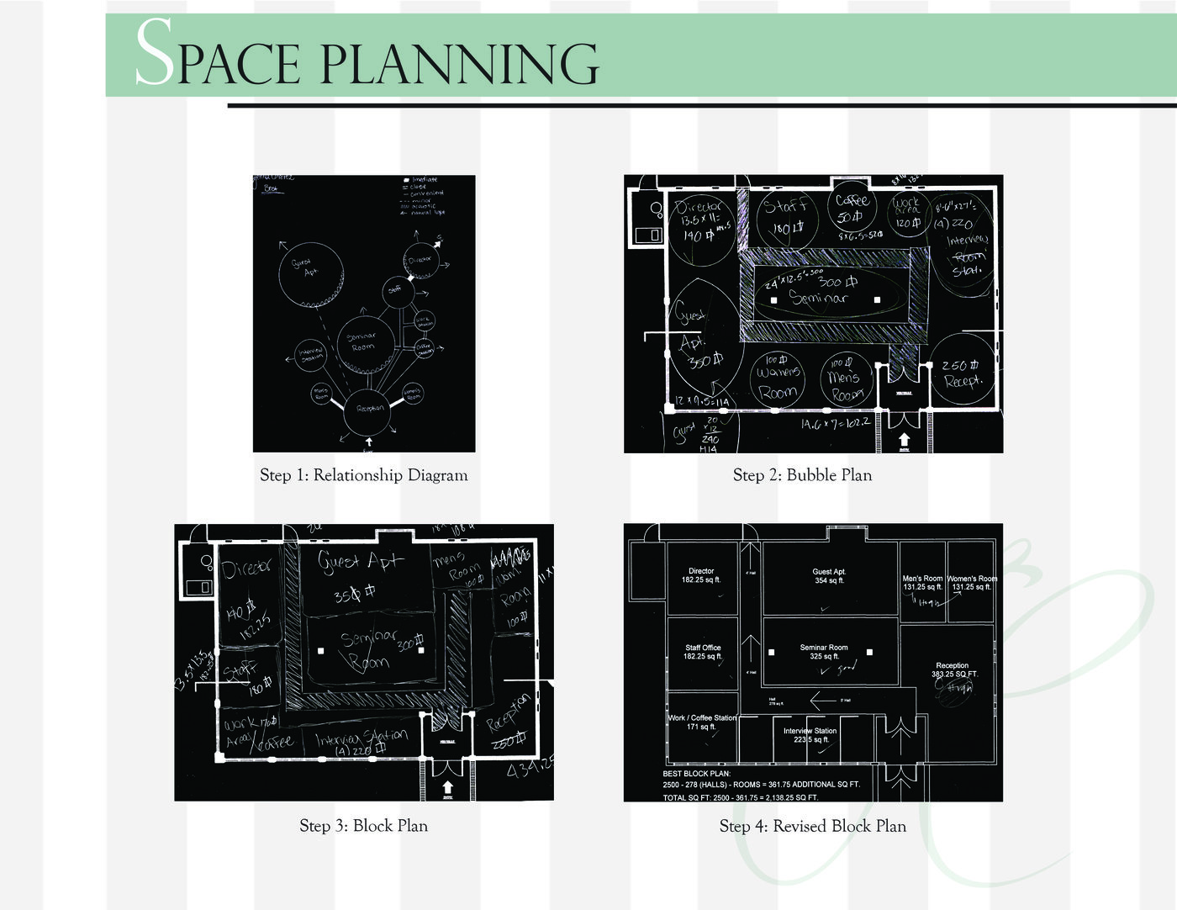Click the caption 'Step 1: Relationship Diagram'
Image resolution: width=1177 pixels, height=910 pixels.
tap(363, 475)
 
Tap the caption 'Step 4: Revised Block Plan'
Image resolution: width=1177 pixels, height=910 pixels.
tap(812, 826)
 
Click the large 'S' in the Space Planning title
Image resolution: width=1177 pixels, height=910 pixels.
tap(154, 54)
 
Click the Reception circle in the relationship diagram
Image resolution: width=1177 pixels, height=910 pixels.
tap(370, 409)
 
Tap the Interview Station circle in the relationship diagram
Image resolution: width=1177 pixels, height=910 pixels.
tap(310, 356)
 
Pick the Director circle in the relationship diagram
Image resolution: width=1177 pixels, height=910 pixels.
tap(420, 260)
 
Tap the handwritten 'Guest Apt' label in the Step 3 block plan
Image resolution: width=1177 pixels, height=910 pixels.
tap(360, 562)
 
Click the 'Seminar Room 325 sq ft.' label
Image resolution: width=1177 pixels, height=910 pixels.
tap(823, 652)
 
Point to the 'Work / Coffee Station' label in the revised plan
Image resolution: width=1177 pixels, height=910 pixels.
tap(702, 722)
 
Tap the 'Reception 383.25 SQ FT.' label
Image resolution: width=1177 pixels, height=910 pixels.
tap(953, 669)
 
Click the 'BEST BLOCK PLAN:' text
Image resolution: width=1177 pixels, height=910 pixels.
tap(697, 774)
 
